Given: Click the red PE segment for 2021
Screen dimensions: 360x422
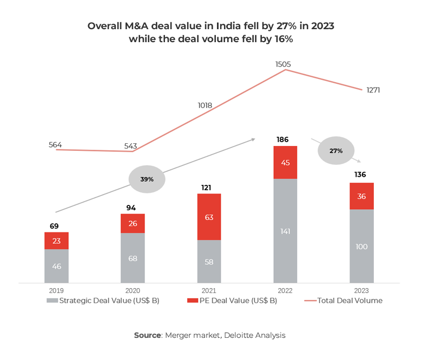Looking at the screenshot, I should coord(209,217).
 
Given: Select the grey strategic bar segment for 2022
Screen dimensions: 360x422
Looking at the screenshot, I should coord(285,231).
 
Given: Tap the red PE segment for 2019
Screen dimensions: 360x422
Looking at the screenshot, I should coord(56,241).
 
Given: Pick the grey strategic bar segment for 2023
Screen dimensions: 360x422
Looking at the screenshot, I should coord(361,246).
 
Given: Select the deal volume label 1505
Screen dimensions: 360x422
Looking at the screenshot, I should coord(283,64).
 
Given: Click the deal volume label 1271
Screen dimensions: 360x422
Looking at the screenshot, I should coord(372,90).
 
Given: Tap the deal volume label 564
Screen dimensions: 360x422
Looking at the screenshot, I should coord(55,144).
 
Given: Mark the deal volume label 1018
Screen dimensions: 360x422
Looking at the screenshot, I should coord(206,105).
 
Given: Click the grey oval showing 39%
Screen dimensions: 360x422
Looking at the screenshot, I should coord(147,179).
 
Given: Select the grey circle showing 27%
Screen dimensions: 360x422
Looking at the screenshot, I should coord(335,151).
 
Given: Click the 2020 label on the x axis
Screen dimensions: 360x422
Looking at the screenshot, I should coord(132,290).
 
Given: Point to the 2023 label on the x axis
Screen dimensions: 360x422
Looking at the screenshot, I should coord(361,290).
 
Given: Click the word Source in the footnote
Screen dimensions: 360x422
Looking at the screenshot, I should coord(148,335).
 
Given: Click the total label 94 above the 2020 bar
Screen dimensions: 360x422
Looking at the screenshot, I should coord(132,208).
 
